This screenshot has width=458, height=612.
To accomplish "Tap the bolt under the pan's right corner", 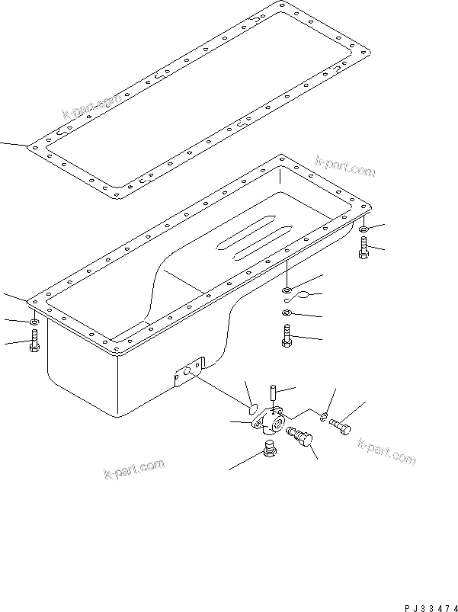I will click(x=364, y=248).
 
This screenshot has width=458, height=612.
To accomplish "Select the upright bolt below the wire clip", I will click(x=287, y=336).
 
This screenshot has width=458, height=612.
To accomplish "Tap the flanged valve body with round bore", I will click(x=271, y=421).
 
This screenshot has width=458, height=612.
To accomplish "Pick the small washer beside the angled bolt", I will click(x=325, y=416).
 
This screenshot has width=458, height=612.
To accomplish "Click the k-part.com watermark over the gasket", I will click(x=92, y=108).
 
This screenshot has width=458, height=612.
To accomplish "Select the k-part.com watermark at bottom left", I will click(x=133, y=470).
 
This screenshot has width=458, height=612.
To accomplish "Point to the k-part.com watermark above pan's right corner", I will click(x=344, y=167).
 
